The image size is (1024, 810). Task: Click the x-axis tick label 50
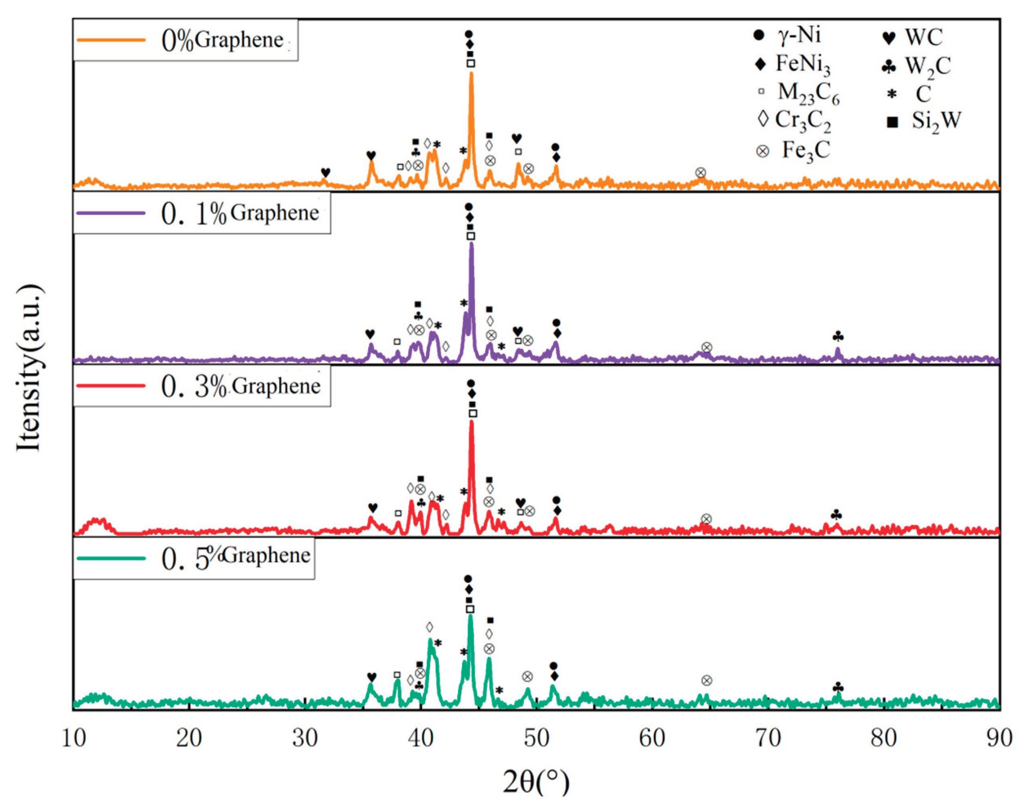coord(536,739)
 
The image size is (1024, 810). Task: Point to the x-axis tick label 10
coord(73,739)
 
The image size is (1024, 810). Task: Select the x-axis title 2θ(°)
coord(536,782)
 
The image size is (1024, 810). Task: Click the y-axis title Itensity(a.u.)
coord(29,367)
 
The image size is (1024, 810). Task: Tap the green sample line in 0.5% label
coord(110,558)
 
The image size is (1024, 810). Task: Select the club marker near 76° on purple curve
coord(837,337)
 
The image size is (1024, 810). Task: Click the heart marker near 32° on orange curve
coord(325,173)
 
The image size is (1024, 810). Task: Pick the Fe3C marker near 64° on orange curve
coord(701,173)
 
